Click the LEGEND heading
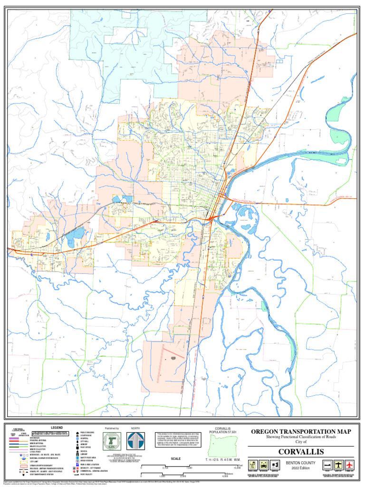[57, 428]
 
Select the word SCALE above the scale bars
[176, 459]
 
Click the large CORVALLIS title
[301, 451]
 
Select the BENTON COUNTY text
[301, 462]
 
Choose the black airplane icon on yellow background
[338, 465]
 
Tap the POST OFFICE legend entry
[86, 448]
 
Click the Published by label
[112, 428]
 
